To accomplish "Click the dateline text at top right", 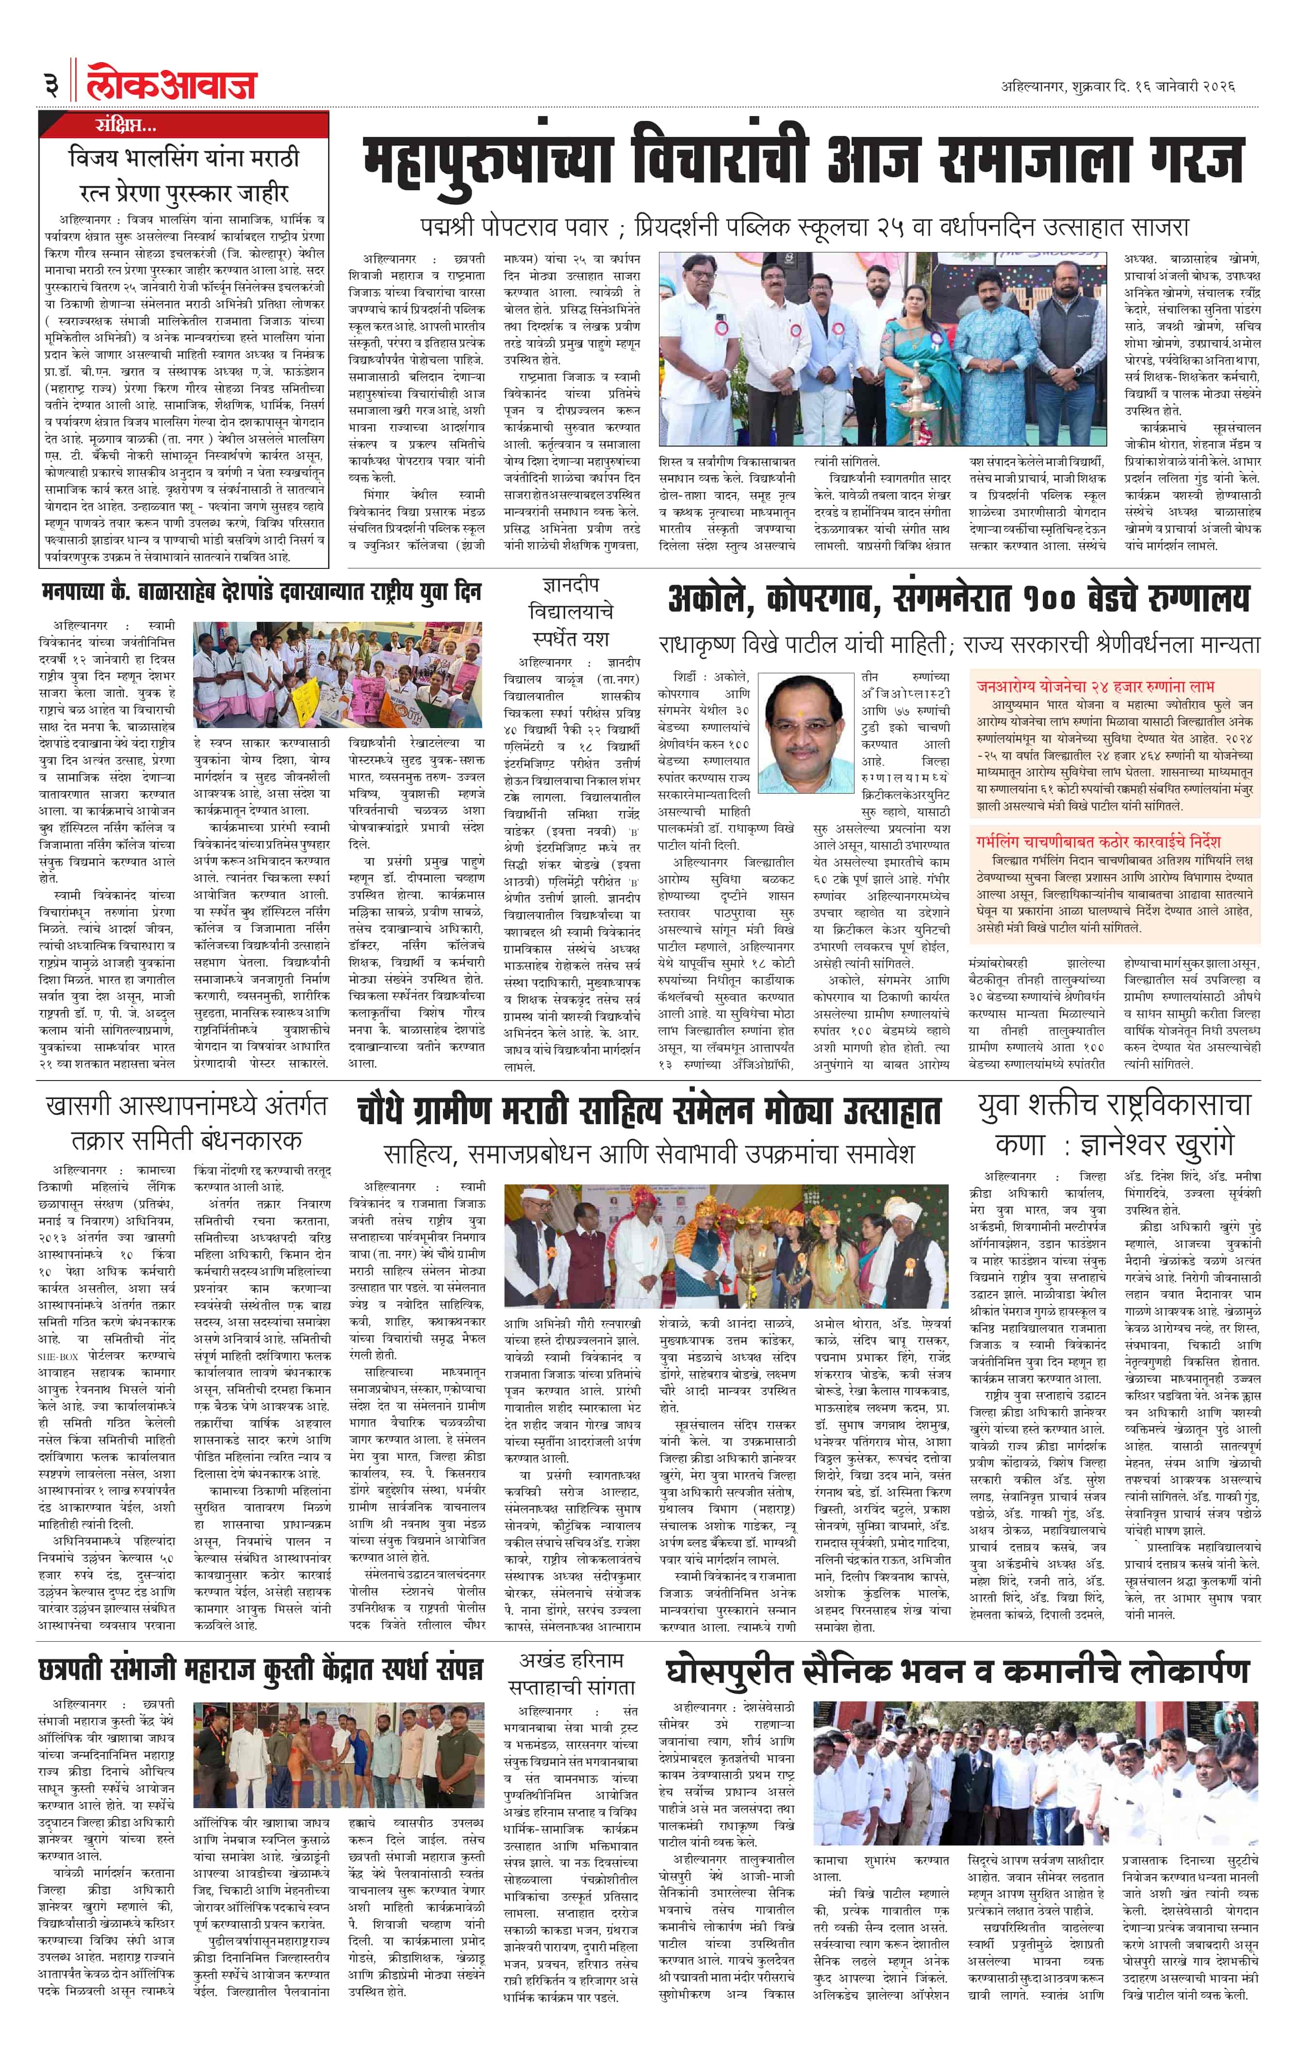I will pyautogui.click(x=1118, y=86).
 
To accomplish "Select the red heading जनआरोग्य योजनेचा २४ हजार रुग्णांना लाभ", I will pyautogui.click(x=1095, y=686).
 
